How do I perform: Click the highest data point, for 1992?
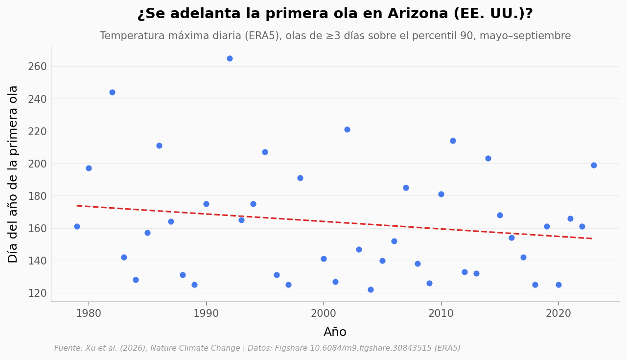point(230,59)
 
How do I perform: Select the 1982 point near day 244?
point(112,93)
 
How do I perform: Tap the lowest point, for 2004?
point(371,289)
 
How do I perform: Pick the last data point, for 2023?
point(594,165)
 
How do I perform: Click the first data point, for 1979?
point(77,227)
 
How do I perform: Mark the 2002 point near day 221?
point(347,129)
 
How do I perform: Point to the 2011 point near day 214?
point(453,141)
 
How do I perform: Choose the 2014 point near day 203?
point(488,159)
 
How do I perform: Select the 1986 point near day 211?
point(159,145)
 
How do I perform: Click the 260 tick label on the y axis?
point(37,67)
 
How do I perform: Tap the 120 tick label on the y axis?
point(37,293)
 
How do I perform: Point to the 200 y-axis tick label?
point(37,164)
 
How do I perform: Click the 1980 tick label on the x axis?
point(89,313)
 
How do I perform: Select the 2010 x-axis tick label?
point(441,313)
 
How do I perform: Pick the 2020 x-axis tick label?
point(558,313)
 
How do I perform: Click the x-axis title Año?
point(335,332)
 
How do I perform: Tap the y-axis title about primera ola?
point(13,174)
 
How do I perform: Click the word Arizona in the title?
point(418,14)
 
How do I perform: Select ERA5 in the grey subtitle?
point(262,36)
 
